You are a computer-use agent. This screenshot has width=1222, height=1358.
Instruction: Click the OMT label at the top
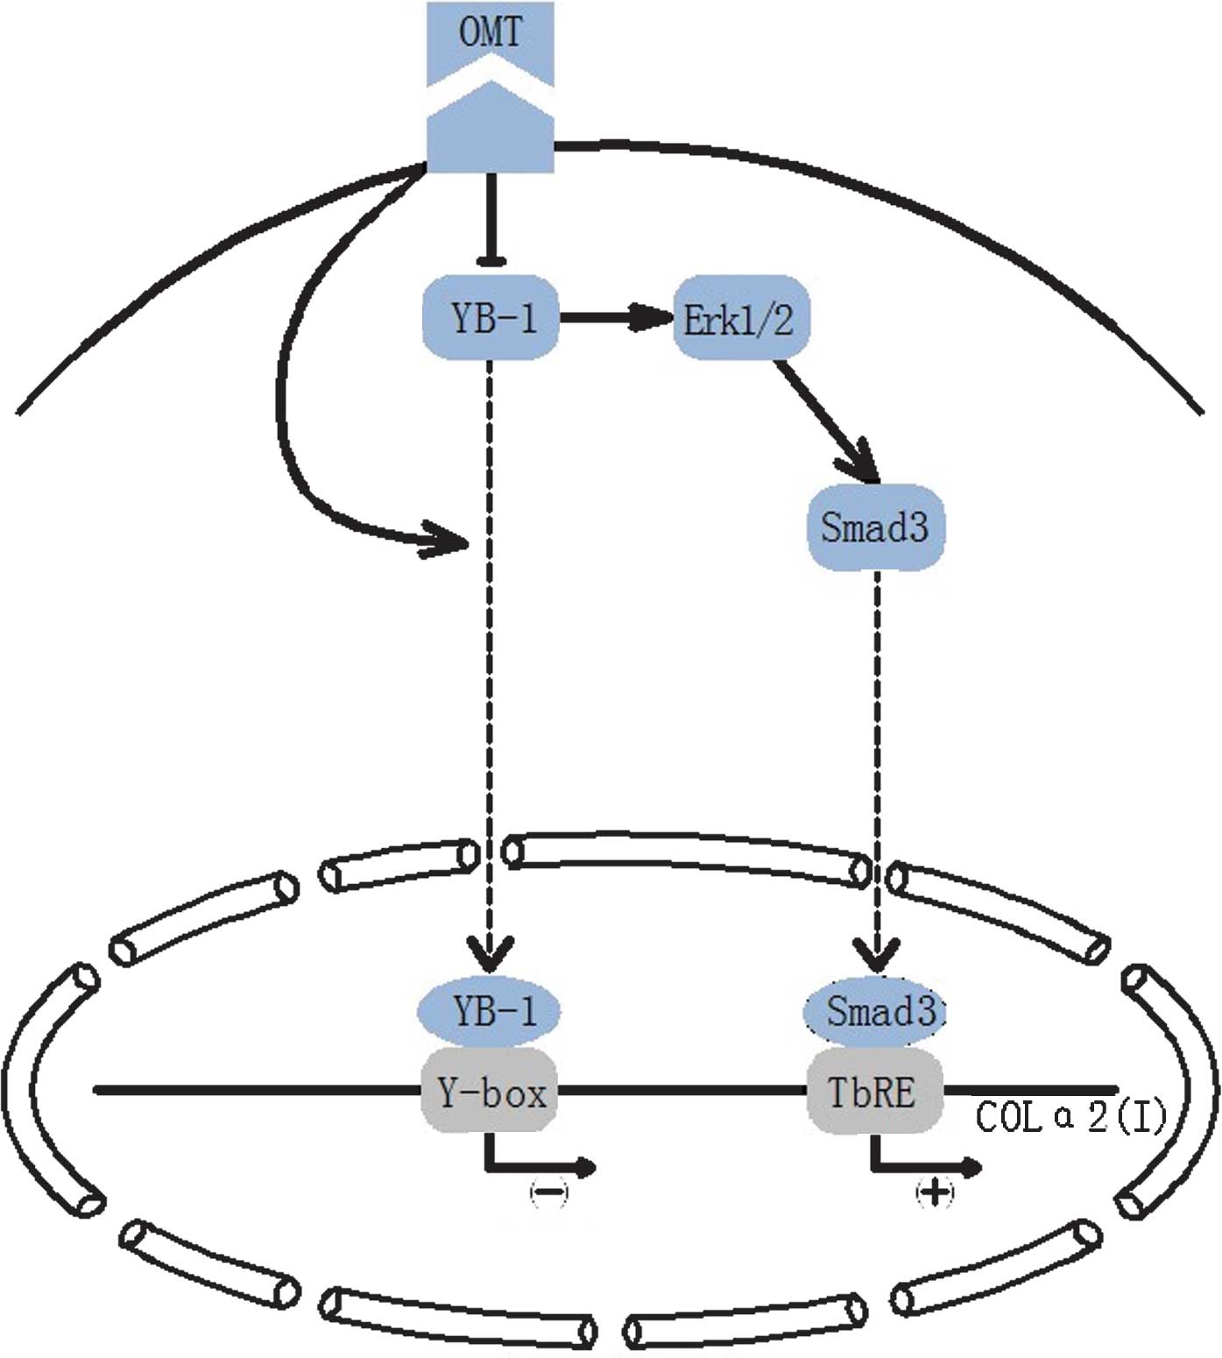tap(490, 33)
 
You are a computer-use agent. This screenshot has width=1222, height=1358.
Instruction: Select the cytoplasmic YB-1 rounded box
tap(491, 317)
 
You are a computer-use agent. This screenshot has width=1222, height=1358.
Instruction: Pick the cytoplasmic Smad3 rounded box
tap(875, 527)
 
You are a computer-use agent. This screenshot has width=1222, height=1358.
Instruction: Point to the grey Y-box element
tap(491, 1091)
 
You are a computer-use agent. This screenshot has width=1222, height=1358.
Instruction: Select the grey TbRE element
tap(873, 1091)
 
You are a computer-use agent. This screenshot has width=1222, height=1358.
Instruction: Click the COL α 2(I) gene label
tap(1070, 1117)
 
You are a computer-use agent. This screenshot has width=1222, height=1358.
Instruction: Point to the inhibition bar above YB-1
tap(491, 259)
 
